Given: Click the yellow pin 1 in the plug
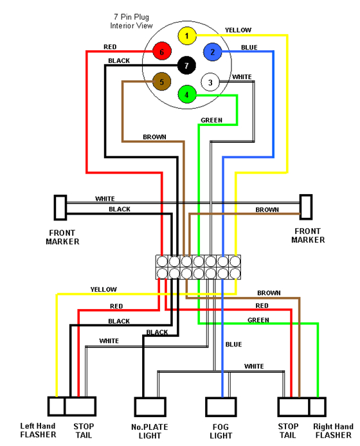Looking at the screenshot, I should click(186, 36).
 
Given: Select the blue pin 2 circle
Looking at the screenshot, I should click(212, 51).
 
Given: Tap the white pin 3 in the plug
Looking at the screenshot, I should click(210, 82).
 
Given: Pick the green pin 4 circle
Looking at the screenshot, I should click(186, 94).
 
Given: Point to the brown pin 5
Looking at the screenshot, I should click(162, 82).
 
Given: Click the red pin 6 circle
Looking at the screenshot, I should click(162, 51).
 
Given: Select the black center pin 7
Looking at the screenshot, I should click(186, 66).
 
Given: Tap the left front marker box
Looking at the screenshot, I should click(60, 208).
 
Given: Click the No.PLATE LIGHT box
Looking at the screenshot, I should click(146, 407).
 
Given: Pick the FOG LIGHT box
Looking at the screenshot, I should click(218, 407).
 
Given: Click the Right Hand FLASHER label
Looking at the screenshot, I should click(332, 430).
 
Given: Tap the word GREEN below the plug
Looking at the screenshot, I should click(212, 120).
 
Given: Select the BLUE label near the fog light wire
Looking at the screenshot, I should click(233, 344).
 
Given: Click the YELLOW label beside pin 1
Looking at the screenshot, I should click(238, 30).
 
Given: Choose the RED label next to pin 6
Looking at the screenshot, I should click(110, 47).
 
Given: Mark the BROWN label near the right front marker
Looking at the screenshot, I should click(267, 210).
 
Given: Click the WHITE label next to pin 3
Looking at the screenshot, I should click(242, 77).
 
